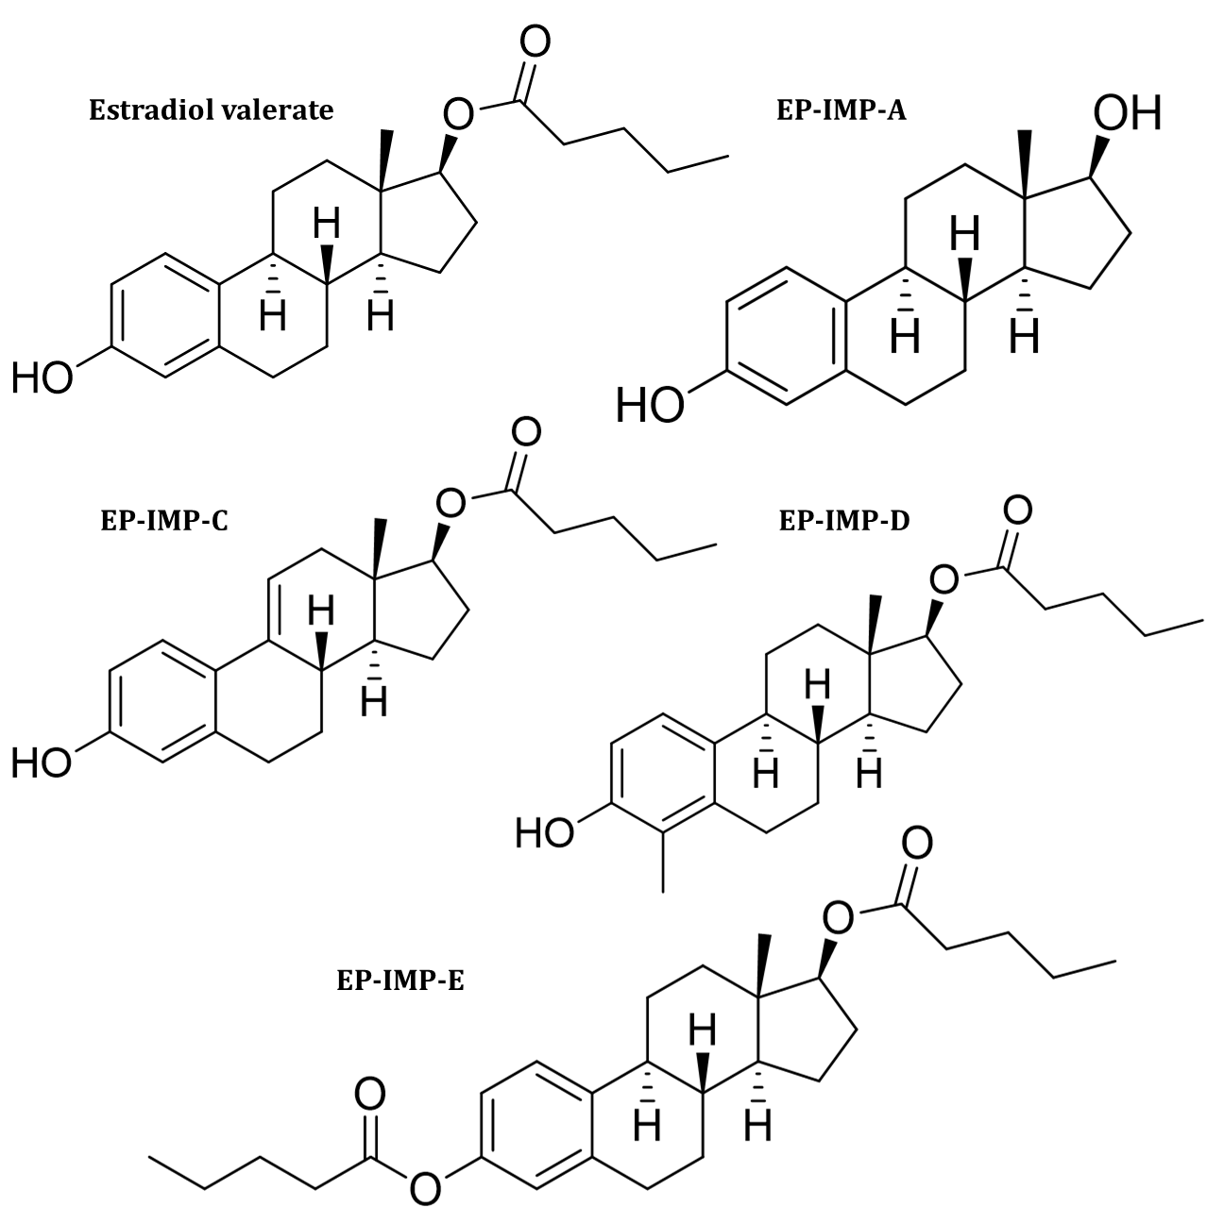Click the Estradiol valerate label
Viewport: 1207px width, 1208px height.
point(211,110)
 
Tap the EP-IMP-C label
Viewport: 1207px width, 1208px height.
point(163,521)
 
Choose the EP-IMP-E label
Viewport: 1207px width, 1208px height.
point(399,981)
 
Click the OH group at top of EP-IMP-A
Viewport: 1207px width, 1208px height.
point(1126,114)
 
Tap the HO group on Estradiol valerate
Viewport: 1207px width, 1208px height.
point(42,378)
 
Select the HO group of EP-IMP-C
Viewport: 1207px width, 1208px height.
point(42,763)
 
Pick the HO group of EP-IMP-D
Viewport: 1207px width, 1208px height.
point(546,833)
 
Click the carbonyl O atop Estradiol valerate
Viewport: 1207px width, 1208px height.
point(534,43)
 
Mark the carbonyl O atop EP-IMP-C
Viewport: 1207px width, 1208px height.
point(525,432)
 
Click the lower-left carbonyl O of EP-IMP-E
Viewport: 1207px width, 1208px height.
point(370,1096)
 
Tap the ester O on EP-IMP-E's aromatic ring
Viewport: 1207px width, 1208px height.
point(427,1185)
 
